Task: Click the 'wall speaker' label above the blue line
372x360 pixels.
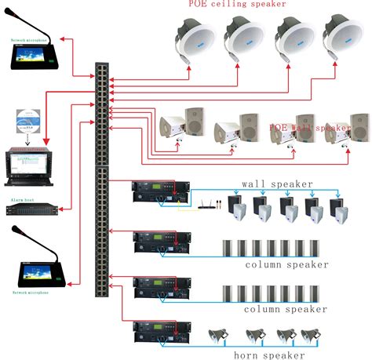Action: [277, 184]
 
